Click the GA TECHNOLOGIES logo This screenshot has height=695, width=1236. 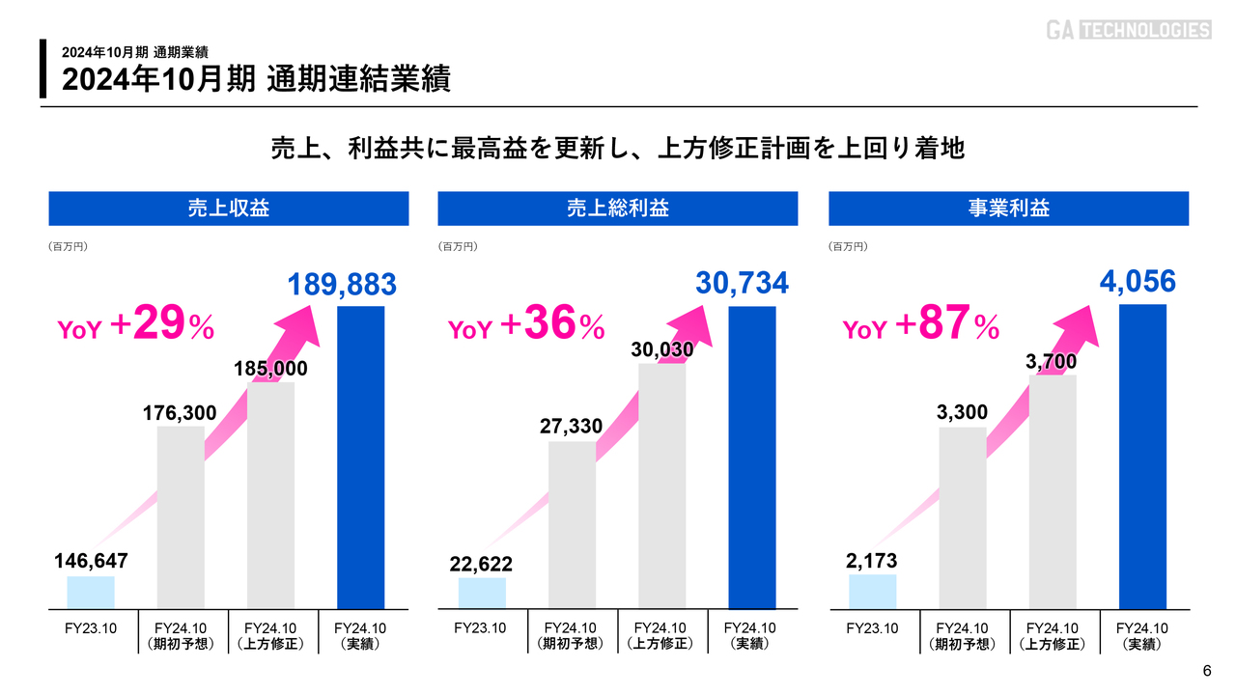(x=1128, y=30)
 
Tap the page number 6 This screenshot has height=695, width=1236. (x=1206, y=672)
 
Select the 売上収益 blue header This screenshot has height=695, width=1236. (x=229, y=208)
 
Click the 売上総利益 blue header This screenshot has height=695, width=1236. (x=618, y=208)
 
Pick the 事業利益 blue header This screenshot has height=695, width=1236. (x=1009, y=208)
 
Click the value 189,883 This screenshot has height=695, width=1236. (x=342, y=285)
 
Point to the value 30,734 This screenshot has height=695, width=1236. (x=742, y=283)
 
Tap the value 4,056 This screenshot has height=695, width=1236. (x=1138, y=282)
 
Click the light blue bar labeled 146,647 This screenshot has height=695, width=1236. (x=91, y=592)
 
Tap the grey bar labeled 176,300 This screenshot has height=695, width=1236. (x=181, y=516)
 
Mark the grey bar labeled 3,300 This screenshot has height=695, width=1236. (x=963, y=516)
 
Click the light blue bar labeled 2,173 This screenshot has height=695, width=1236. (x=873, y=591)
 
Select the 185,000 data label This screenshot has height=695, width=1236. (x=270, y=369)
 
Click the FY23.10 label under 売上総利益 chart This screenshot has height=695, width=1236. (x=481, y=628)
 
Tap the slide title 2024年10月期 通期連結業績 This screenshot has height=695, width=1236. (x=256, y=79)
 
